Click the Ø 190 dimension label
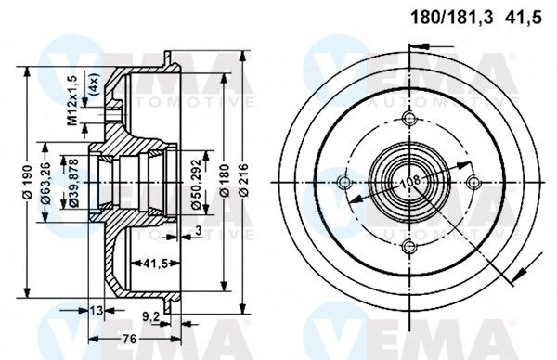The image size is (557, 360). (28, 182)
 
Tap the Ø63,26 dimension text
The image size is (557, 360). (45, 183)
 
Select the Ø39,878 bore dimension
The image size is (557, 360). (73, 183)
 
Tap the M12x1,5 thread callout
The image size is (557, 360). (72, 101)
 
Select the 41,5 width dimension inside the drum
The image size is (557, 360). (155, 264)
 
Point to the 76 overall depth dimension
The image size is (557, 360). (129, 339)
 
